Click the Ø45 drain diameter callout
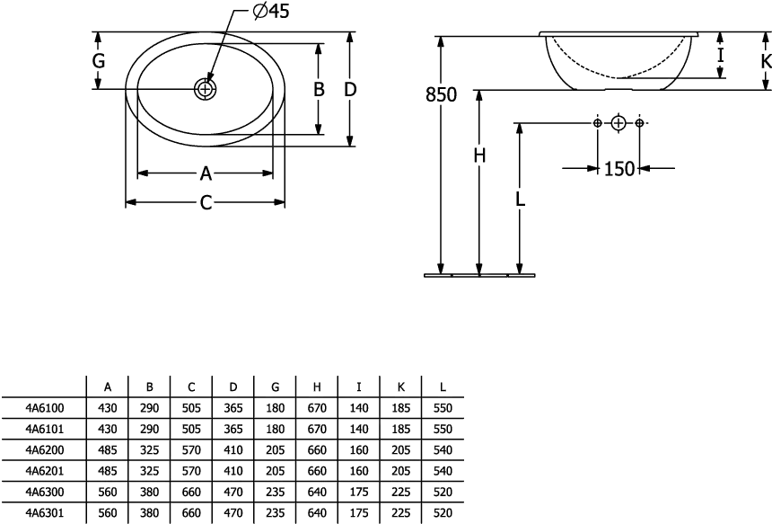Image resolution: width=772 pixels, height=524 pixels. pyautogui.click(x=271, y=12)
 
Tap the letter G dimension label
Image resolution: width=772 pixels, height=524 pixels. pyautogui.click(x=99, y=61)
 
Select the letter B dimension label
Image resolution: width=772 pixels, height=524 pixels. pyautogui.click(x=319, y=89)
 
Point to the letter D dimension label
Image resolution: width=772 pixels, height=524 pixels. pyautogui.click(x=350, y=89)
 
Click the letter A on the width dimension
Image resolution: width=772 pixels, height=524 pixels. pyautogui.click(x=206, y=173)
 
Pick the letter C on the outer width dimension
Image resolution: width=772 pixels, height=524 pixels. pyautogui.click(x=206, y=202)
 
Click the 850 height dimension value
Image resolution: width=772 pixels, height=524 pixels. pyautogui.click(x=441, y=94)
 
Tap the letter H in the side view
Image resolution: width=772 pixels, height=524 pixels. pyautogui.click(x=479, y=155)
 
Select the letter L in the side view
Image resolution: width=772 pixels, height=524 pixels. pyautogui.click(x=520, y=199)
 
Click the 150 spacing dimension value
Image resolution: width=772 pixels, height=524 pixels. pyautogui.click(x=619, y=169)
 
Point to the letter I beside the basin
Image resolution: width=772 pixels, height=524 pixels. pyautogui.click(x=721, y=55)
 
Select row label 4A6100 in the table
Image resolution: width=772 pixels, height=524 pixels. pyautogui.click(x=45, y=408)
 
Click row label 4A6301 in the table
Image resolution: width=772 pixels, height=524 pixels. pyautogui.click(x=45, y=513)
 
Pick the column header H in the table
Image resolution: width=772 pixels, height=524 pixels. pyautogui.click(x=317, y=387)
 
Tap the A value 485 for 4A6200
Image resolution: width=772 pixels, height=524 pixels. pyautogui.click(x=108, y=450)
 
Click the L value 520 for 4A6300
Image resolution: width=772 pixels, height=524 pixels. pyautogui.click(x=443, y=492)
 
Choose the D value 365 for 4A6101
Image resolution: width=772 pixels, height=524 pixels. pyautogui.click(x=233, y=430)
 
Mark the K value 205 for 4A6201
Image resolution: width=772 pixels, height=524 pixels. pyautogui.click(x=400, y=471)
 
